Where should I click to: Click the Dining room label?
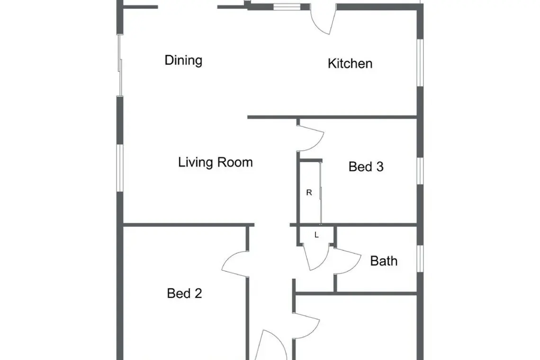(x=183, y=60)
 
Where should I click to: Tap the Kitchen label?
(x=350, y=64)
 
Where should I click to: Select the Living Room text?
(x=215, y=162)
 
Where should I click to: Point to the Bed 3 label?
(x=366, y=167)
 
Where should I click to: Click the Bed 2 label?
(x=184, y=294)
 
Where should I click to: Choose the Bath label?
(x=384, y=261)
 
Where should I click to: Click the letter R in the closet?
(x=309, y=193)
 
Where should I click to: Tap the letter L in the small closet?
(x=316, y=235)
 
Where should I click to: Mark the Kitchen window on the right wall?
(x=420, y=63)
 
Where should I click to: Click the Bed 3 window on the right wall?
(x=420, y=171)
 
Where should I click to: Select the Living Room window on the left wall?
(x=120, y=168)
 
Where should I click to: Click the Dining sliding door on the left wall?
(x=120, y=65)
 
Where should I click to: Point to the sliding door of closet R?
(x=321, y=193)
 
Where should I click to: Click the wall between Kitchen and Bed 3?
(x=333, y=117)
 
